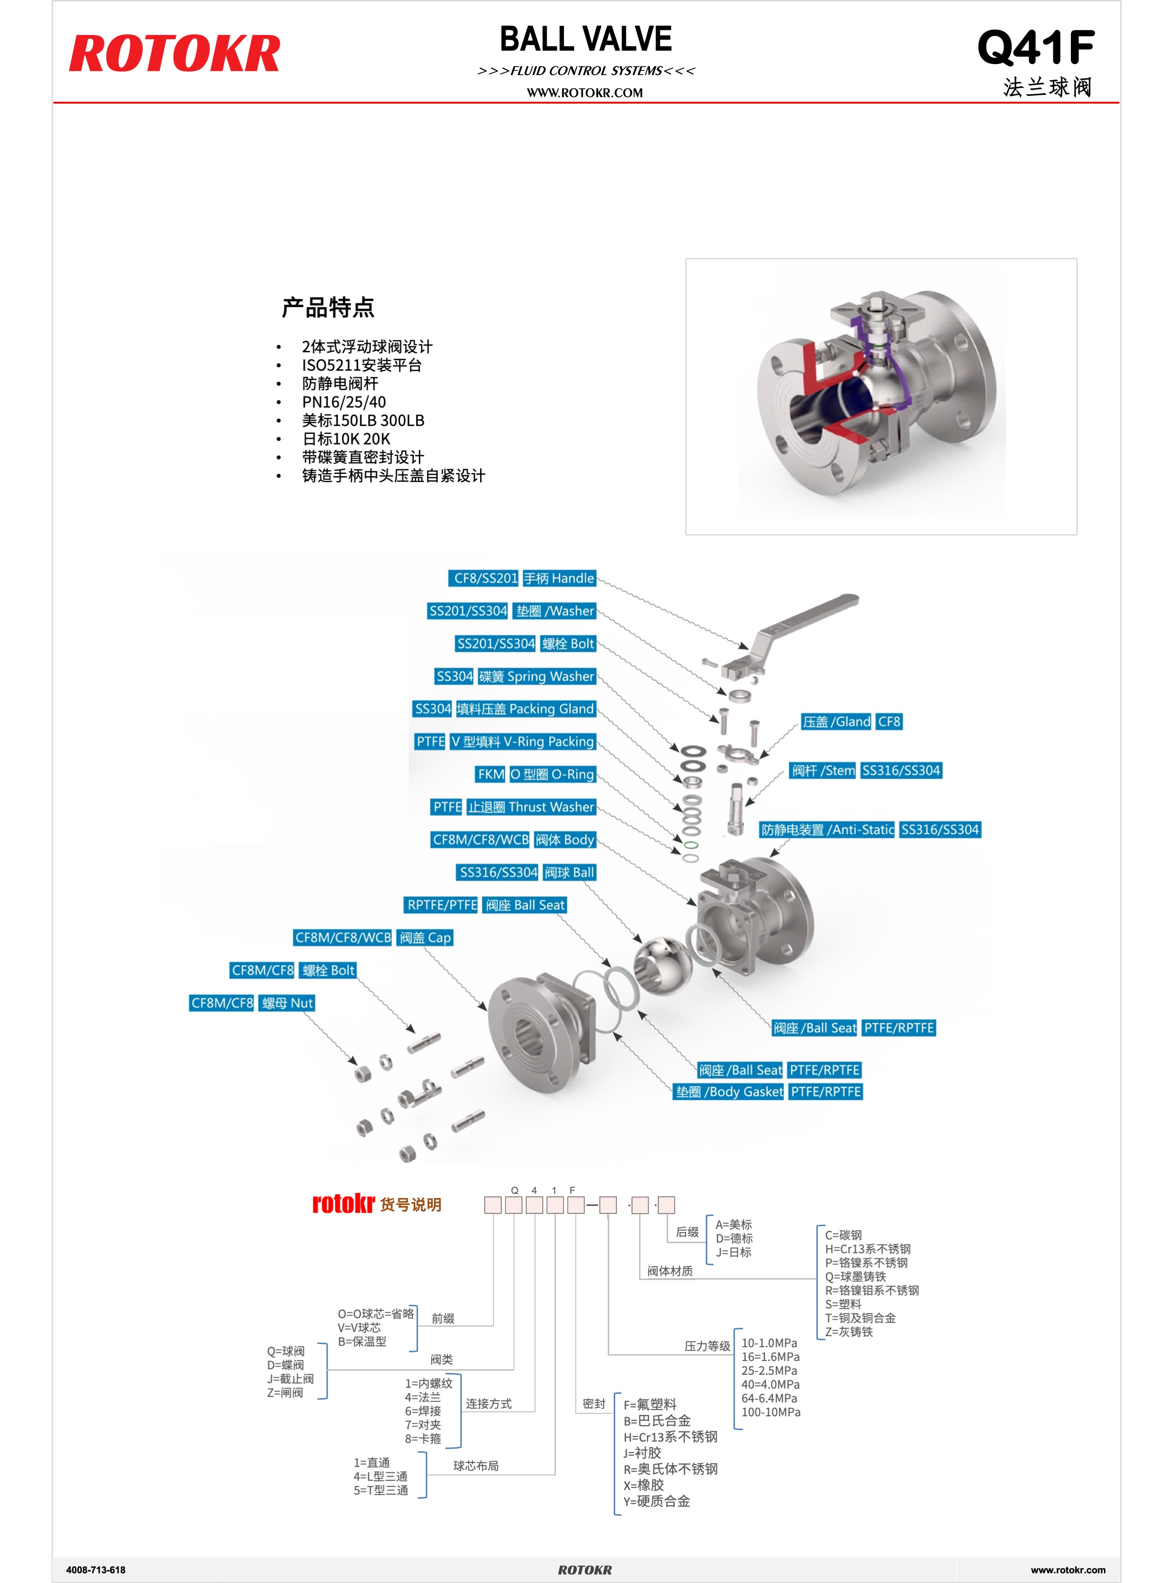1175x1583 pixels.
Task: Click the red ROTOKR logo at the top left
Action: click(x=174, y=54)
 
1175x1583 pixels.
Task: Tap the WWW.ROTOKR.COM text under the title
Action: click(x=585, y=93)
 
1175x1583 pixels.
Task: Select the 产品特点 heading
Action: click(x=328, y=308)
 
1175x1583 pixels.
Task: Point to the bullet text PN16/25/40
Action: click(x=344, y=402)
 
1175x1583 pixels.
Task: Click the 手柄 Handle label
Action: click(x=559, y=578)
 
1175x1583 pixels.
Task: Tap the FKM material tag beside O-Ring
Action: click(x=491, y=774)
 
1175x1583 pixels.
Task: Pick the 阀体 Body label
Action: click(x=565, y=840)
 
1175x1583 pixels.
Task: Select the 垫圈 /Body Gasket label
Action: click(x=729, y=1091)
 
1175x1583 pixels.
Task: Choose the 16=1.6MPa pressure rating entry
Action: click(x=770, y=1356)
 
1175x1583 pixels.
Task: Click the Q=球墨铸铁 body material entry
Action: click(x=856, y=1276)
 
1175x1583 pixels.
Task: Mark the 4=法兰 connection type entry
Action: click(x=423, y=1397)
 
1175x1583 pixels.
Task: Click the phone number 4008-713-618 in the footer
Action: click(x=96, y=1570)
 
